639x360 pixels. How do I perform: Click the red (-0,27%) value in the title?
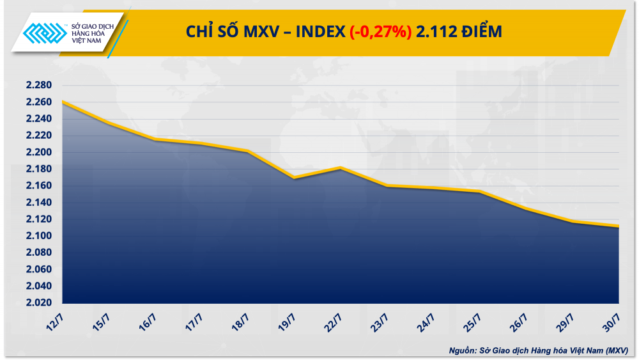pyautogui.click(x=380, y=32)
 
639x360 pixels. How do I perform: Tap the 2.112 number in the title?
pyautogui.click(x=433, y=32)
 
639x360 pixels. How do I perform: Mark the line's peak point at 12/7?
pyautogui.click(x=63, y=102)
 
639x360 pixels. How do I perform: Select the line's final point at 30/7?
pyautogui.click(x=619, y=226)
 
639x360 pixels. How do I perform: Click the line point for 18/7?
pyautogui.click(x=248, y=151)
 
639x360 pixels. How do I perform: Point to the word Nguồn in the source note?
pyautogui.click(x=463, y=350)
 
